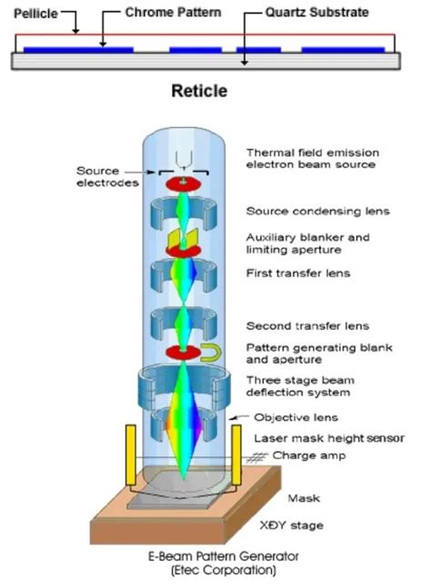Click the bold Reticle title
(199, 91)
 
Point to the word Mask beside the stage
(303, 498)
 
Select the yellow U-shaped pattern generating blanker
(209, 352)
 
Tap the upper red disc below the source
(182, 184)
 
